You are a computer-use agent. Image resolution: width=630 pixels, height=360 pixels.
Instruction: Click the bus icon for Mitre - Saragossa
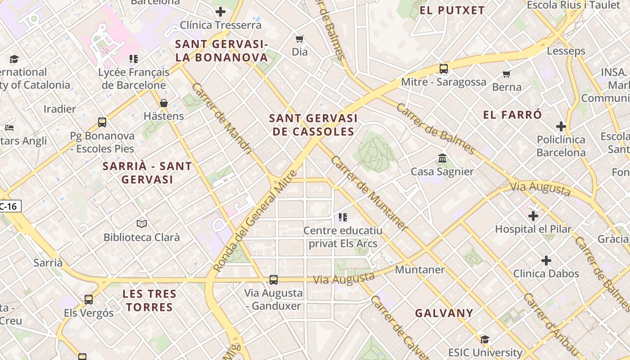(x=444, y=69)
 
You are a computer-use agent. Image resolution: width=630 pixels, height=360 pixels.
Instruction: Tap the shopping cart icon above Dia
(x=299, y=39)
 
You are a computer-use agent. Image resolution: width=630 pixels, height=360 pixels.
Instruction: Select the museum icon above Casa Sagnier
(x=442, y=158)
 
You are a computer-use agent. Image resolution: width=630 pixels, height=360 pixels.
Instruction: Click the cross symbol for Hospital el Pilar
(x=533, y=216)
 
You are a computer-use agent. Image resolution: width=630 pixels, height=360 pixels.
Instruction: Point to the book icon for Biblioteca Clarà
(x=141, y=224)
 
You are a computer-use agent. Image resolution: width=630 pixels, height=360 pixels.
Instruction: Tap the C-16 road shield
(x=9, y=207)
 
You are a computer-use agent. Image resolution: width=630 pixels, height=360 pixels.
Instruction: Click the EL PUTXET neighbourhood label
(x=452, y=10)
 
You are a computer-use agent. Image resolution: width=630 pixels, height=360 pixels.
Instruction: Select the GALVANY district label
(x=444, y=313)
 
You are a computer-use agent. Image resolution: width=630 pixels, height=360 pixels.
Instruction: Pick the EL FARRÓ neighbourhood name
(x=513, y=115)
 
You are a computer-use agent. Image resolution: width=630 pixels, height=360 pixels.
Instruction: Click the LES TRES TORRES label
(x=149, y=301)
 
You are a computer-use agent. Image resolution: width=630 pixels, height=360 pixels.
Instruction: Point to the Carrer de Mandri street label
(x=222, y=118)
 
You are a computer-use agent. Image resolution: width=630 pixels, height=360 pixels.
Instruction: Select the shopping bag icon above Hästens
(x=164, y=103)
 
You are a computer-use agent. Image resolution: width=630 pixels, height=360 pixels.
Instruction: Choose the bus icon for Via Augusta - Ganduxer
(x=274, y=280)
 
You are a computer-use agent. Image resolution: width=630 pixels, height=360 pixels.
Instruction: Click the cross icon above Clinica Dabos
(x=546, y=261)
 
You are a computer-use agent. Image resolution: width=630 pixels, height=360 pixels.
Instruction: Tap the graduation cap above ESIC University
(x=485, y=339)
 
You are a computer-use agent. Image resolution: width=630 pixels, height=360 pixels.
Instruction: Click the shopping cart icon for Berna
(x=507, y=74)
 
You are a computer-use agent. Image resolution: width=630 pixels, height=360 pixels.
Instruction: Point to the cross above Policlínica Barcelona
(x=561, y=126)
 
